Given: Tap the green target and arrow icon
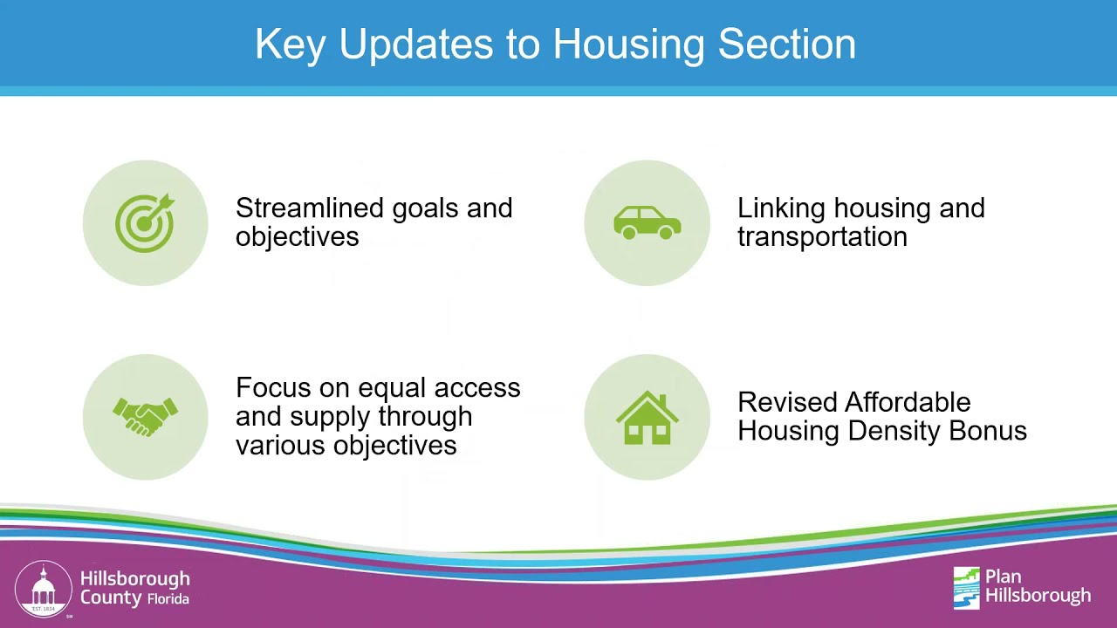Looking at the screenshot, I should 145,222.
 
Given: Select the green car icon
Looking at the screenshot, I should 647,222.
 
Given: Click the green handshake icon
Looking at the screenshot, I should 145,417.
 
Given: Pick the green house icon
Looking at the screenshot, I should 647,417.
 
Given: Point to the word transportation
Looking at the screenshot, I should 822,236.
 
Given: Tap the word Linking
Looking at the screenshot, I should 782,208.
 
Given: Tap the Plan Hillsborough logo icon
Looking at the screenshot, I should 966,587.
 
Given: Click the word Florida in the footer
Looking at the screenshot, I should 168,599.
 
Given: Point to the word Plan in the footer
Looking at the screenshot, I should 1003,577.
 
